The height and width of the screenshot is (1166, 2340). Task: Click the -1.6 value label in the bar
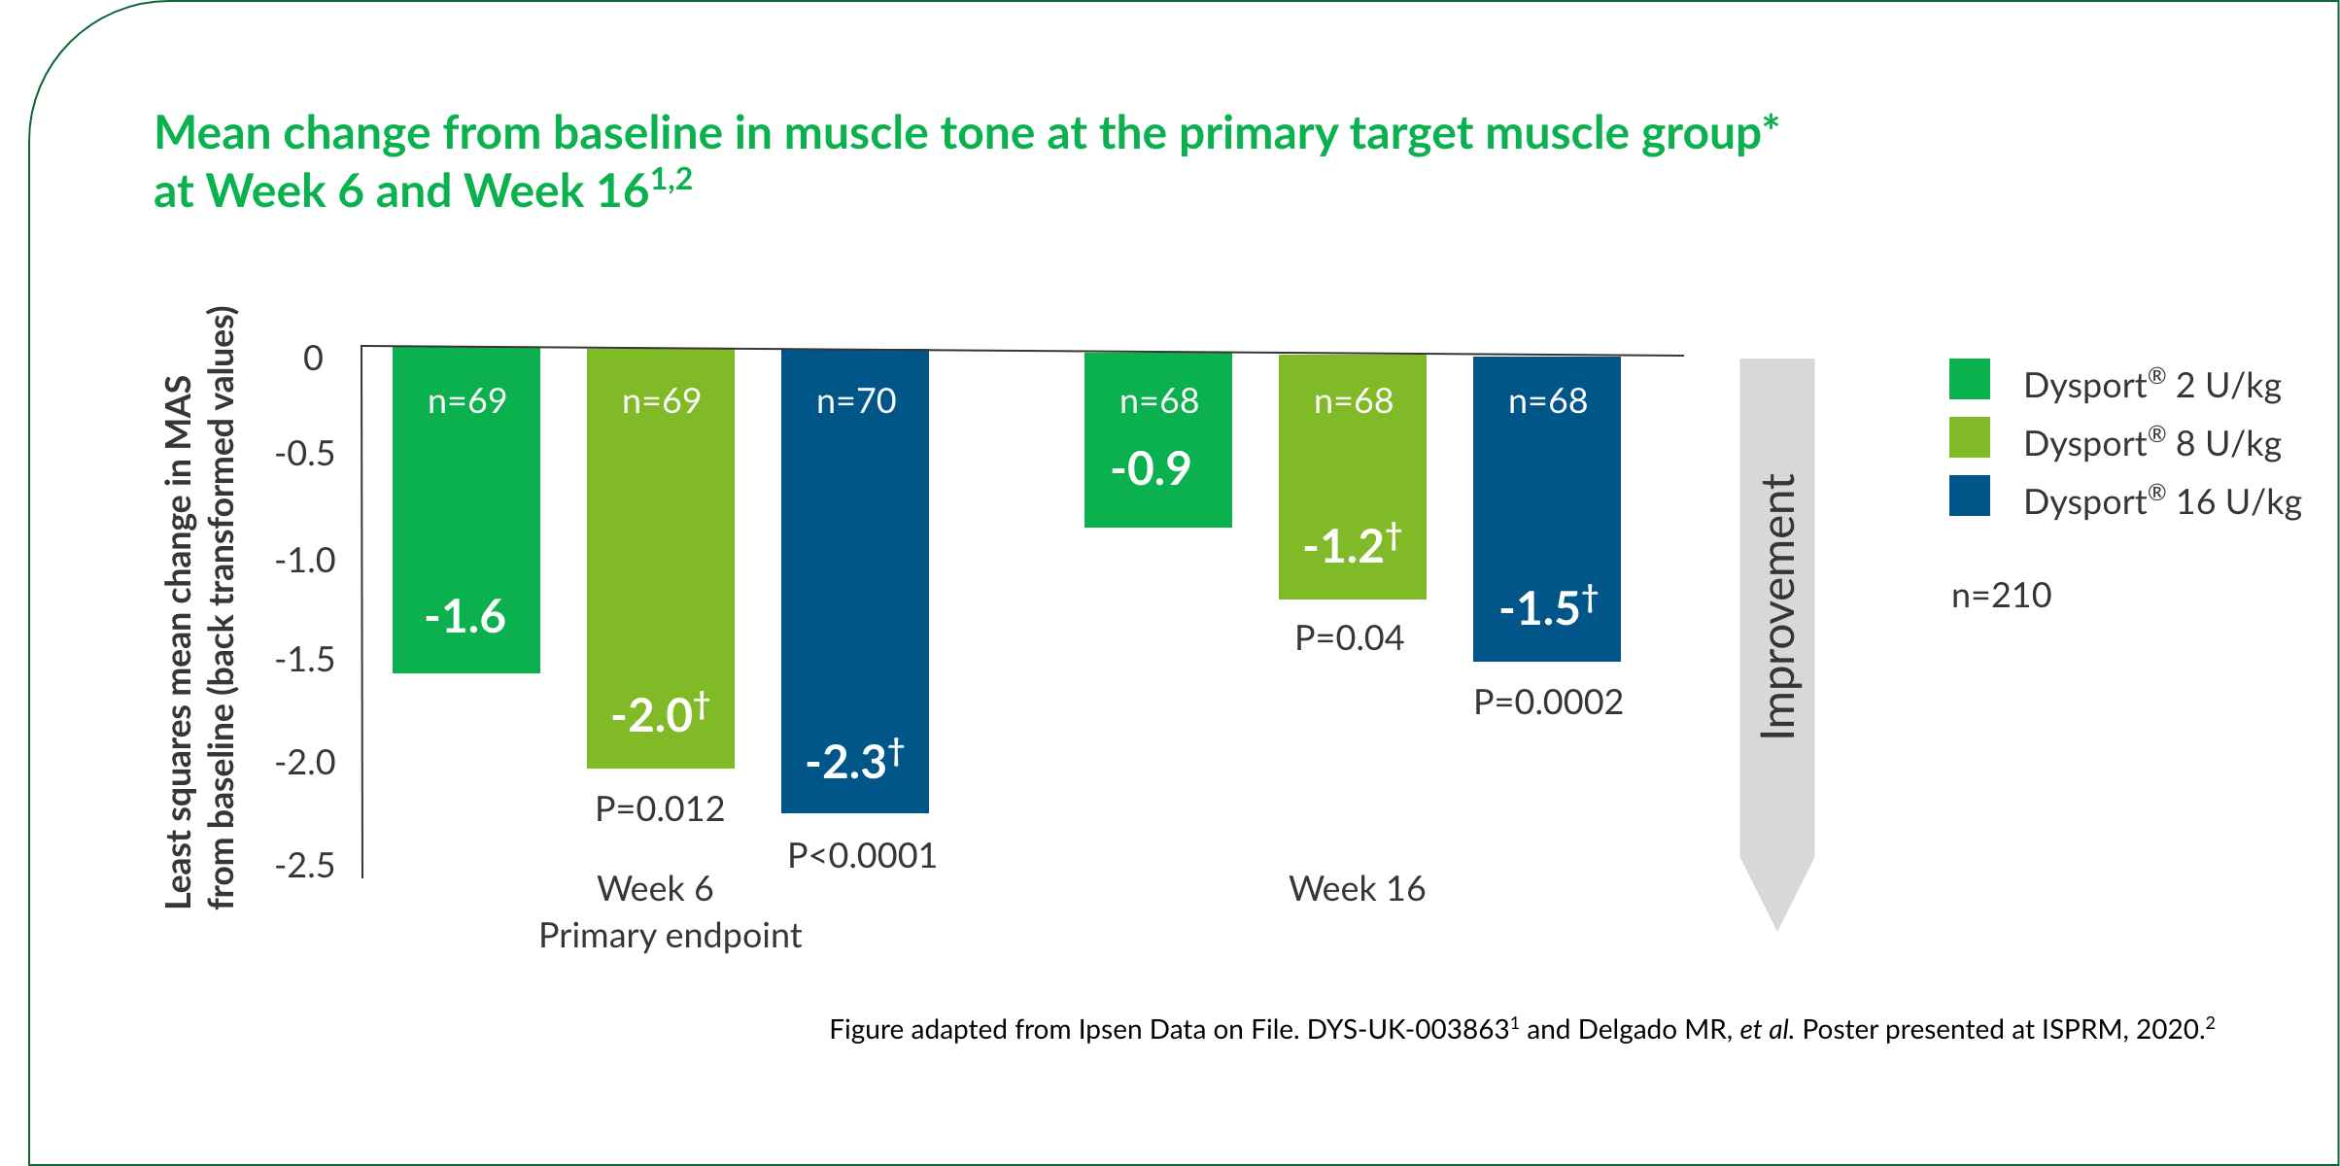click(465, 616)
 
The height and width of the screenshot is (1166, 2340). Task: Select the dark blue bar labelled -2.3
click(855, 583)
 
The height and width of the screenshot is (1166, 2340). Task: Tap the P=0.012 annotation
click(660, 808)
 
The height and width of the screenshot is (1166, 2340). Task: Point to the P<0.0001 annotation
click(862, 855)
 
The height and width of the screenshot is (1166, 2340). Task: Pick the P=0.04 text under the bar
click(1349, 637)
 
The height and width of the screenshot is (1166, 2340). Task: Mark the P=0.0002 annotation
click(1548, 702)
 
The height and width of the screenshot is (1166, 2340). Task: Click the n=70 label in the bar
click(856, 400)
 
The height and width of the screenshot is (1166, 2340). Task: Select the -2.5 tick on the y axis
click(305, 865)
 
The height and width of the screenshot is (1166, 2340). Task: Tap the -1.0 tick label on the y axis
click(305, 560)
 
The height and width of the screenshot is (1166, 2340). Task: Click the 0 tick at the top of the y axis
click(313, 358)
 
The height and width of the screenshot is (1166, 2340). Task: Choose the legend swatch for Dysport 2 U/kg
click(1969, 379)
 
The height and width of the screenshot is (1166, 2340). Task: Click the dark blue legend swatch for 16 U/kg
click(1969, 496)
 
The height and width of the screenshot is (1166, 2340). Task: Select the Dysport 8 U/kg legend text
click(2151, 443)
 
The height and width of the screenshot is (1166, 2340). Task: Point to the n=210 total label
click(2001, 595)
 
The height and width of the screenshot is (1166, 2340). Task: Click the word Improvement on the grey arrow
click(1777, 606)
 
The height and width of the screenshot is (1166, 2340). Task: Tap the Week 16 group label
click(1357, 888)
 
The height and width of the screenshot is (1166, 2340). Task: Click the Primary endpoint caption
click(670, 935)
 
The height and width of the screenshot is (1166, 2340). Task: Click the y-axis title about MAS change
click(200, 608)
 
